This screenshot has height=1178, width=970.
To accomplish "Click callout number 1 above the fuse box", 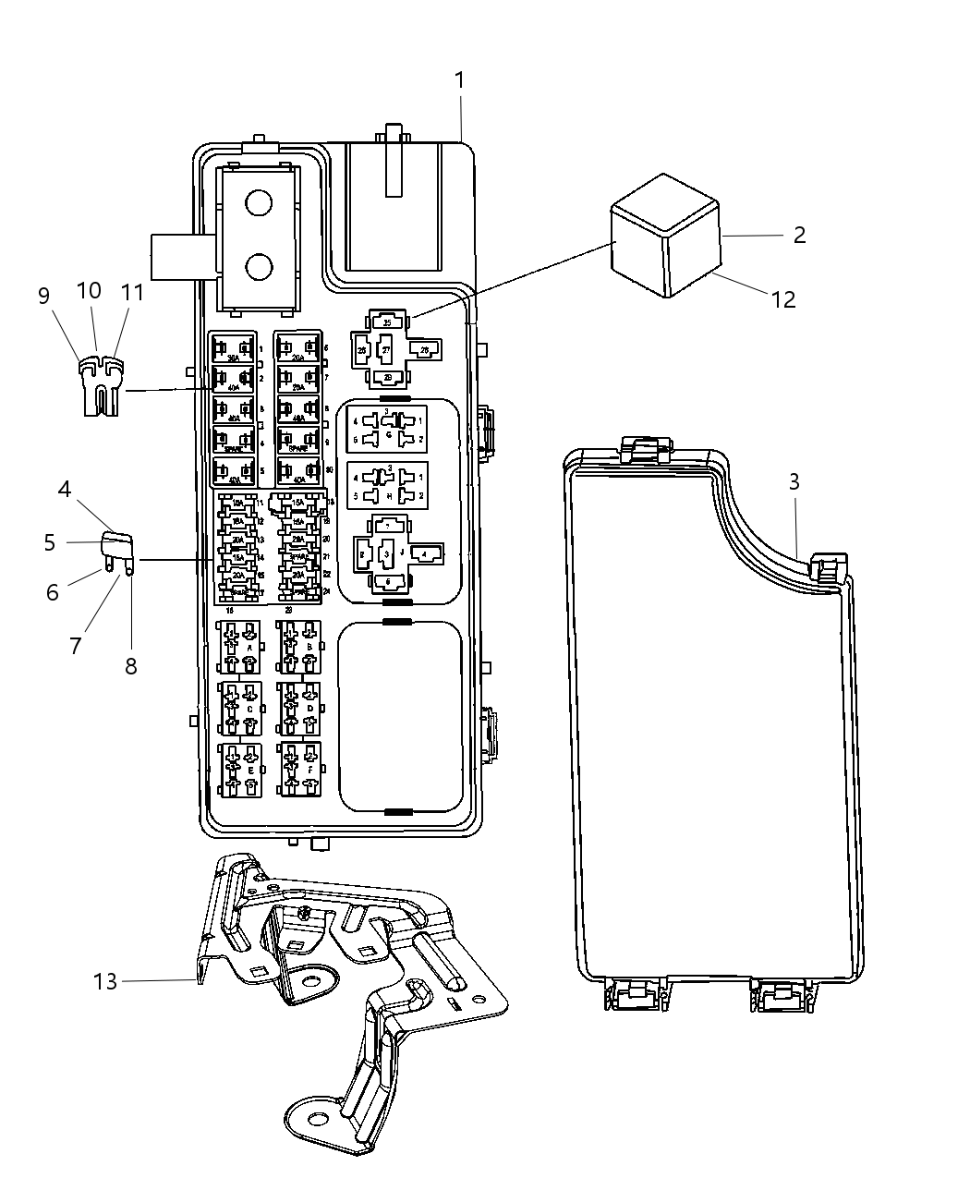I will (459, 81).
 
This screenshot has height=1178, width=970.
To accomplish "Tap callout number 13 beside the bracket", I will (105, 981).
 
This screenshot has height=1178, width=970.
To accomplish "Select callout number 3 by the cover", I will (794, 482).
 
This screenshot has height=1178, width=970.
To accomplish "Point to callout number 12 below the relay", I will (782, 299).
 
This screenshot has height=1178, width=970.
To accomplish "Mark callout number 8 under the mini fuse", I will (131, 665).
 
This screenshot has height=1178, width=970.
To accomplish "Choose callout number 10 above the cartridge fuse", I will (89, 291).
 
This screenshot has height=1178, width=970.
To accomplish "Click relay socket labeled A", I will (239, 648).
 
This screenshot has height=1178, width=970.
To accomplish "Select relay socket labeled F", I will (300, 769).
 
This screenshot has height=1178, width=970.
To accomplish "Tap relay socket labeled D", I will (300, 709).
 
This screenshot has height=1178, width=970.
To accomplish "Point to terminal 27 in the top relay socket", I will (386, 351).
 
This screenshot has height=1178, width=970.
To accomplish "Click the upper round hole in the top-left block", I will (260, 202).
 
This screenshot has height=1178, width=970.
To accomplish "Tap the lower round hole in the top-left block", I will (260, 267).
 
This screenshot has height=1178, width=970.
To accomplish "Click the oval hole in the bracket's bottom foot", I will (317, 1120).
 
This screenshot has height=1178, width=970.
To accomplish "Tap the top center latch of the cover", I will (647, 450).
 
